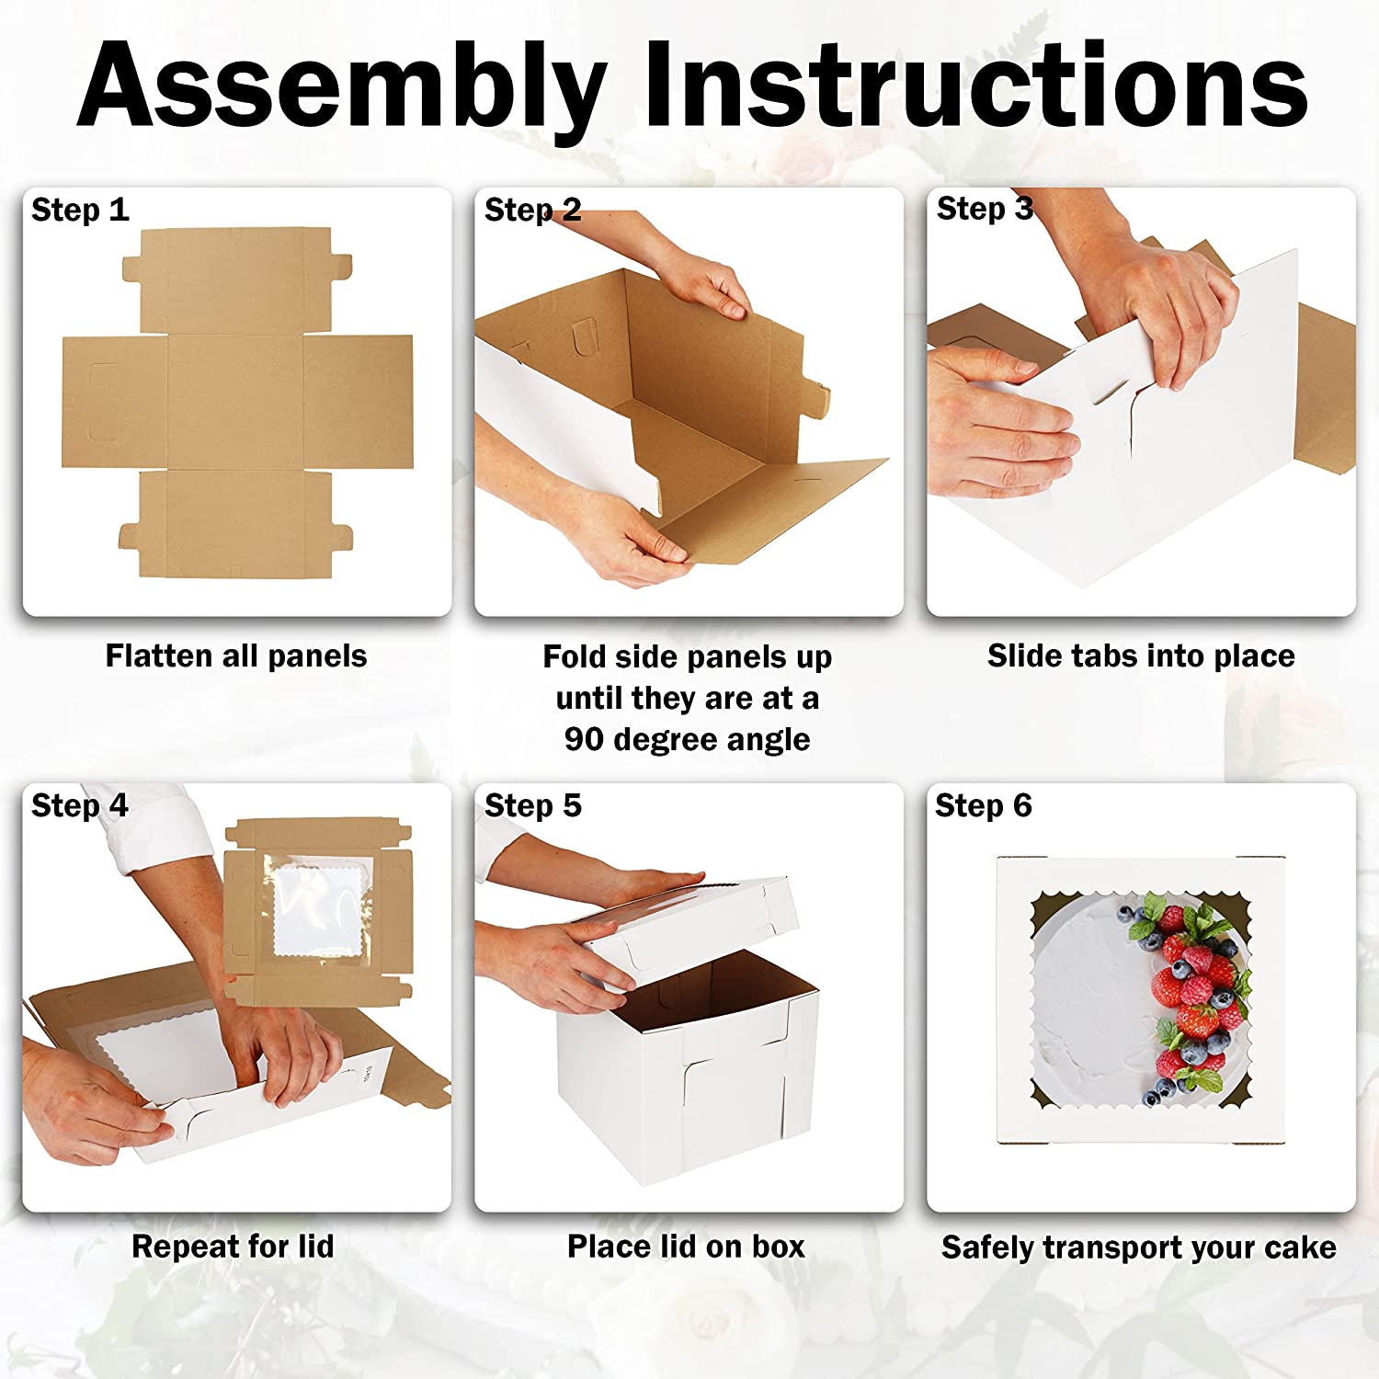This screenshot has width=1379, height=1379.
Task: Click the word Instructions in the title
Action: [976, 85]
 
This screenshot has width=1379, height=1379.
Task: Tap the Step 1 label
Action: [80, 210]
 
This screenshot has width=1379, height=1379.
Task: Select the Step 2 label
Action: [532, 210]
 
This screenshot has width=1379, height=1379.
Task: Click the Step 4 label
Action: [79, 805]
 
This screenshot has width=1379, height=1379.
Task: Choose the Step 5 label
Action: [532, 805]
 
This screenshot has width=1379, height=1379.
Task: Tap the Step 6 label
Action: [983, 805]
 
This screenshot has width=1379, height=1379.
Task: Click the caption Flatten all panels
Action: [236, 655]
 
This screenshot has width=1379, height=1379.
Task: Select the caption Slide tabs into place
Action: [1141, 655]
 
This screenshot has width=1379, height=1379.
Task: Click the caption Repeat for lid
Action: [233, 1247]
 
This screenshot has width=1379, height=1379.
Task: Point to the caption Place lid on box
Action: [686, 1247]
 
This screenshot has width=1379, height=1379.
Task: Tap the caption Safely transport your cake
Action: [1138, 1248]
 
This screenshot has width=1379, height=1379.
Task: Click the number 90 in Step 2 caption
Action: [584, 739]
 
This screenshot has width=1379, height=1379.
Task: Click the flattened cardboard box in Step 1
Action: [237, 403]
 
